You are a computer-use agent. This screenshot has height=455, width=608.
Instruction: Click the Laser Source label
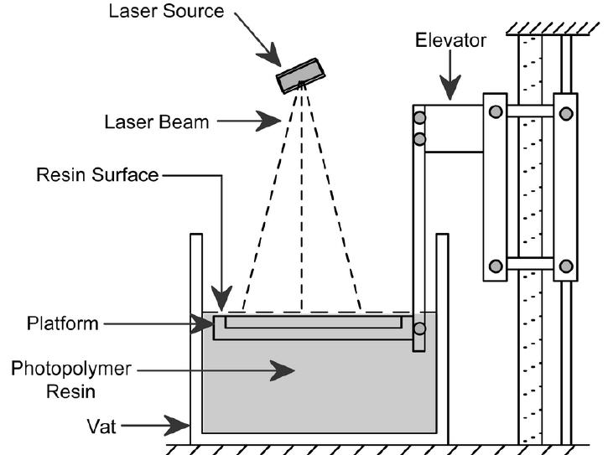pyautogui.click(x=166, y=10)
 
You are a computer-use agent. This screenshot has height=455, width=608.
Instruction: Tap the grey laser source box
pyautogui.click(x=300, y=75)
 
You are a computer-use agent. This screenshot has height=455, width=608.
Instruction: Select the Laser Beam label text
pyautogui.click(x=157, y=122)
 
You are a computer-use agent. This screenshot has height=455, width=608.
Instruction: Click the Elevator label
pyautogui.click(x=450, y=40)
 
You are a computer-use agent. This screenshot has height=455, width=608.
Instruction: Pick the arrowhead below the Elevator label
pyautogui.click(x=450, y=88)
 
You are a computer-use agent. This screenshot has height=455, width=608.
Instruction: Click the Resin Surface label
pyautogui.click(x=97, y=175)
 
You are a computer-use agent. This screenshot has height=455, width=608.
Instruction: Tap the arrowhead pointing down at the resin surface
pyautogui.click(x=221, y=298)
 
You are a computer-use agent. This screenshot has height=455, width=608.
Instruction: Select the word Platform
pyautogui.click(x=62, y=323)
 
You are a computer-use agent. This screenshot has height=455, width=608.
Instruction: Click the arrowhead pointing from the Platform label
pyautogui.click(x=201, y=323)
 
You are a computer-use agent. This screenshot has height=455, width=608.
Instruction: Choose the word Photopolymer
pyautogui.click(x=71, y=369)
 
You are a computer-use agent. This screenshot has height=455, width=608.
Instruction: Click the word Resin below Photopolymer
pyautogui.click(x=71, y=391)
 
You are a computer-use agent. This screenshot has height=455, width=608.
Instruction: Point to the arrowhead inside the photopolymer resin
pyautogui.click(x=282, y=370)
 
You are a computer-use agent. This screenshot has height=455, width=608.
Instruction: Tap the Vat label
pyautogui.click(x=101, y=427)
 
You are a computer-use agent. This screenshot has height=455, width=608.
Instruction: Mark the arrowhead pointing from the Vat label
pyautogui.click(x=176, y=425)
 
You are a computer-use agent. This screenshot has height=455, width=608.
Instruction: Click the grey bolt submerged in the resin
pyautogui.click(x=419, y=328)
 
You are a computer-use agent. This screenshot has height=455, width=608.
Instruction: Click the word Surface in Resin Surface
pyautogui.click(x=125, y=175)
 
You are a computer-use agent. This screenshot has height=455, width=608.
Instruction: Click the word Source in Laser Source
pyautogui.click(x=194, y=10)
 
